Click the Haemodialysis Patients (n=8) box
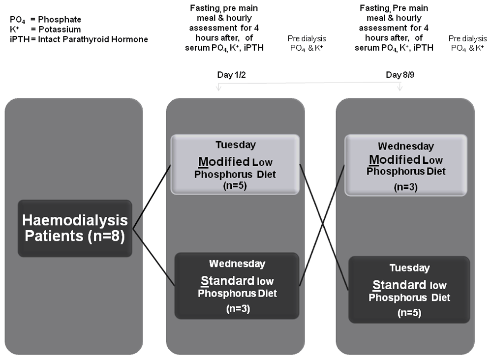click(75, 228)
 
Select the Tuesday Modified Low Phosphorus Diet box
click(235, 165)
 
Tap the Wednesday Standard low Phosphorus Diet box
click(237, 286)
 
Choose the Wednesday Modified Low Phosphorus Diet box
click(406, 165)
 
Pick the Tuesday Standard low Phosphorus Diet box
click(409, 290)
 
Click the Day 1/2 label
click(232, 75)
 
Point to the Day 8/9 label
click(400, 75)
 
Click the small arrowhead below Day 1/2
click(219, 88)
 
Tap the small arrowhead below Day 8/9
click(400, 88)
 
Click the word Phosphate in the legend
click(60, 20)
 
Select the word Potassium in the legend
click(60, 30)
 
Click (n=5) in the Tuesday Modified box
click(235, 185)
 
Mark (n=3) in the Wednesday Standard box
click(238, 309)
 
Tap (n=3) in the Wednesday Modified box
click(406, 187)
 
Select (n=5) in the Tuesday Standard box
click(409, 313)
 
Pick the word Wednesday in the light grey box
click(406, 146)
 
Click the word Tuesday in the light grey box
click(236, 145)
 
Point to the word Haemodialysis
click(75, 220)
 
